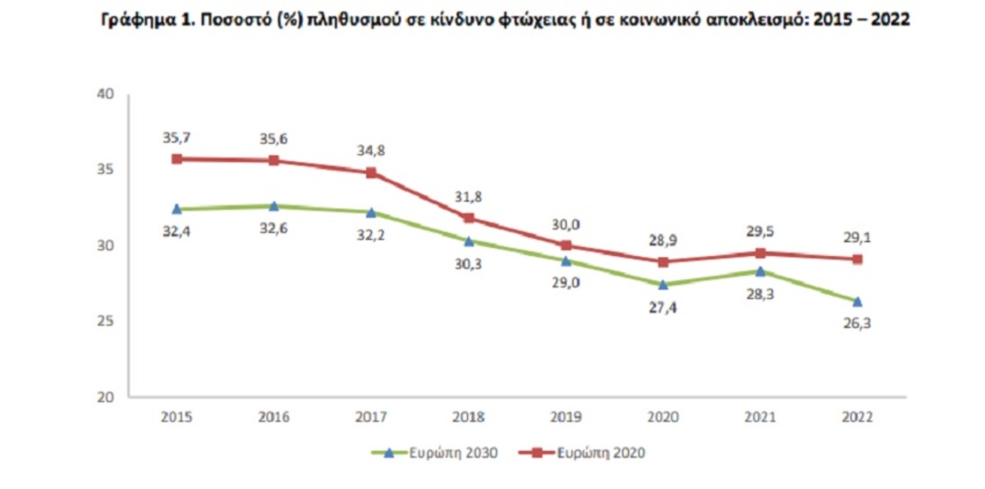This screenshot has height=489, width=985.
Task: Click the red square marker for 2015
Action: tap(176, 159)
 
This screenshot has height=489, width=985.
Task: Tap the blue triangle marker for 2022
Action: tap(858, 301)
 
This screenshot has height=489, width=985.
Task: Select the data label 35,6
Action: tap(273, 139)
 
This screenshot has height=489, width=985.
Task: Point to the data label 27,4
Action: tap(663, 308)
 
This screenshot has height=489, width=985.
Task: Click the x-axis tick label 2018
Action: tap(469, 417)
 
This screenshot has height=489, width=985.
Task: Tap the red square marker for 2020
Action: tap(663, 262)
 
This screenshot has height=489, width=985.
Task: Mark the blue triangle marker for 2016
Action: tap(273, 206)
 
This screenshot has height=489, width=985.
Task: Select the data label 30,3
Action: tap(469, 264)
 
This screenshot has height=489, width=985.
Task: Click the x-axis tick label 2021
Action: tap(760, 417)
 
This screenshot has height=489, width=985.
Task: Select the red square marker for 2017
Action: tap(371, 173)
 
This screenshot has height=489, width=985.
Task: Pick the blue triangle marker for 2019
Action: tap(566, 261)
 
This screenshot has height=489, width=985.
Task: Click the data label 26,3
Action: tap(858, 323)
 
